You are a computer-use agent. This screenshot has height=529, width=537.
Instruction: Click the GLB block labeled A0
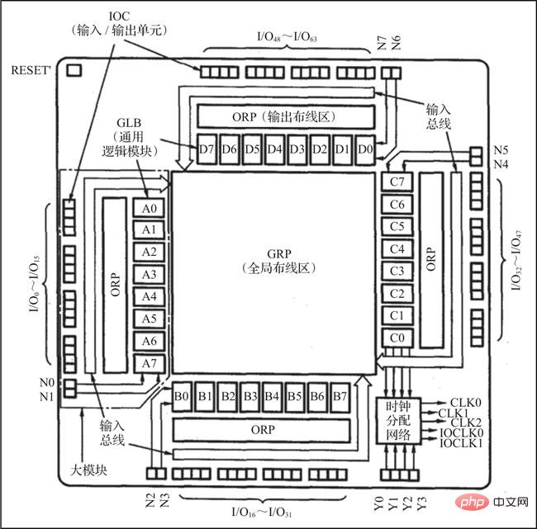point(149,209)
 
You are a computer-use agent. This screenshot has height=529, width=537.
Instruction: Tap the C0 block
point(397,338)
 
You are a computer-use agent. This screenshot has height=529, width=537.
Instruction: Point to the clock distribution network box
point(402,421)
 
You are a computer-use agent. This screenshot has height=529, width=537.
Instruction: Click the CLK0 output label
point(465,401)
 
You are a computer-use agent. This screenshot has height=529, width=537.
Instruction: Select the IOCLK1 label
point(463,443)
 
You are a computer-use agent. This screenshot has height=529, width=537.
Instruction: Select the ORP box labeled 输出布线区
point(284,116)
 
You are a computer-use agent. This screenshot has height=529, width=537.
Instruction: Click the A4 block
point(149,296)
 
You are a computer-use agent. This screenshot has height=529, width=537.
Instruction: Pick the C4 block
point(397,248)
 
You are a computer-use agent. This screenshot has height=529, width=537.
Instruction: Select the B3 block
point(251,397)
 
